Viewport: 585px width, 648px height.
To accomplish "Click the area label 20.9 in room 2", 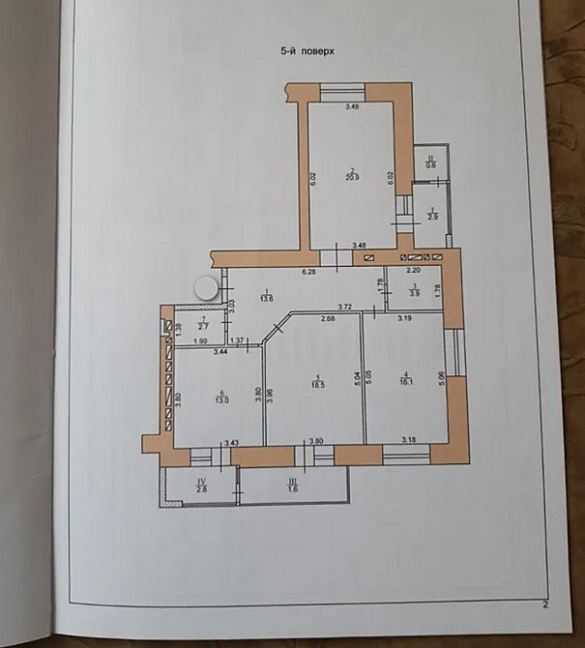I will click(354, 175).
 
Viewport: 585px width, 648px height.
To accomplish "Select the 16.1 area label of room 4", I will click(407, 380).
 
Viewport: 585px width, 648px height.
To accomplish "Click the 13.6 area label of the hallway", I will click(267, 298).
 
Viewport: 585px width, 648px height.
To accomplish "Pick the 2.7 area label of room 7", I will click(202, 325).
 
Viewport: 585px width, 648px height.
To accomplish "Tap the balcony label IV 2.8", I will click(201, 486).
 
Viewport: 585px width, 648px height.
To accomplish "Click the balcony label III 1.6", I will click(293, 486).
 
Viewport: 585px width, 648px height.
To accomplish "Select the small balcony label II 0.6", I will click(430, 162).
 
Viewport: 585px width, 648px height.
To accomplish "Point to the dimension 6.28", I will click(309, 272).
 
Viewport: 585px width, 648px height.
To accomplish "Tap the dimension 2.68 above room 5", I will click(327, 318).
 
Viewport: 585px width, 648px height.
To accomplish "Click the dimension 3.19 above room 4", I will click(404, 318).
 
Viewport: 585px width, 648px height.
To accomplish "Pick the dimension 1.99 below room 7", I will click(201, 341).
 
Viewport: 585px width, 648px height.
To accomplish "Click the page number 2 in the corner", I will click(545, 606).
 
